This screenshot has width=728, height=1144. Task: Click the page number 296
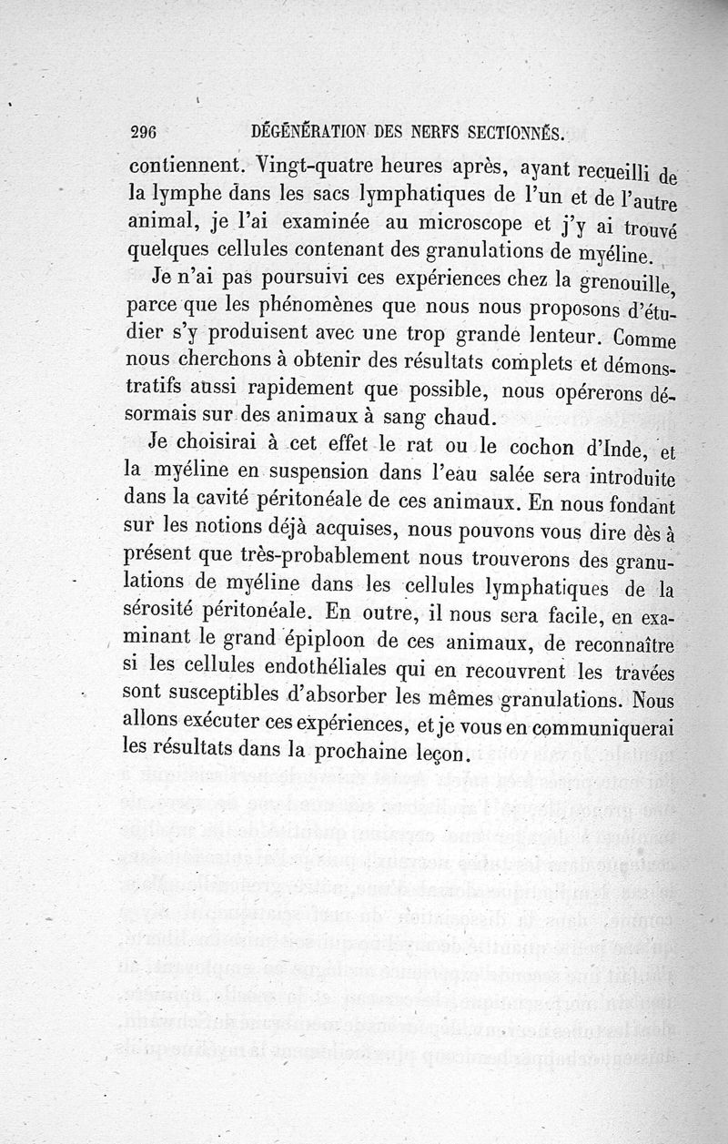(x=144, y=132)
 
